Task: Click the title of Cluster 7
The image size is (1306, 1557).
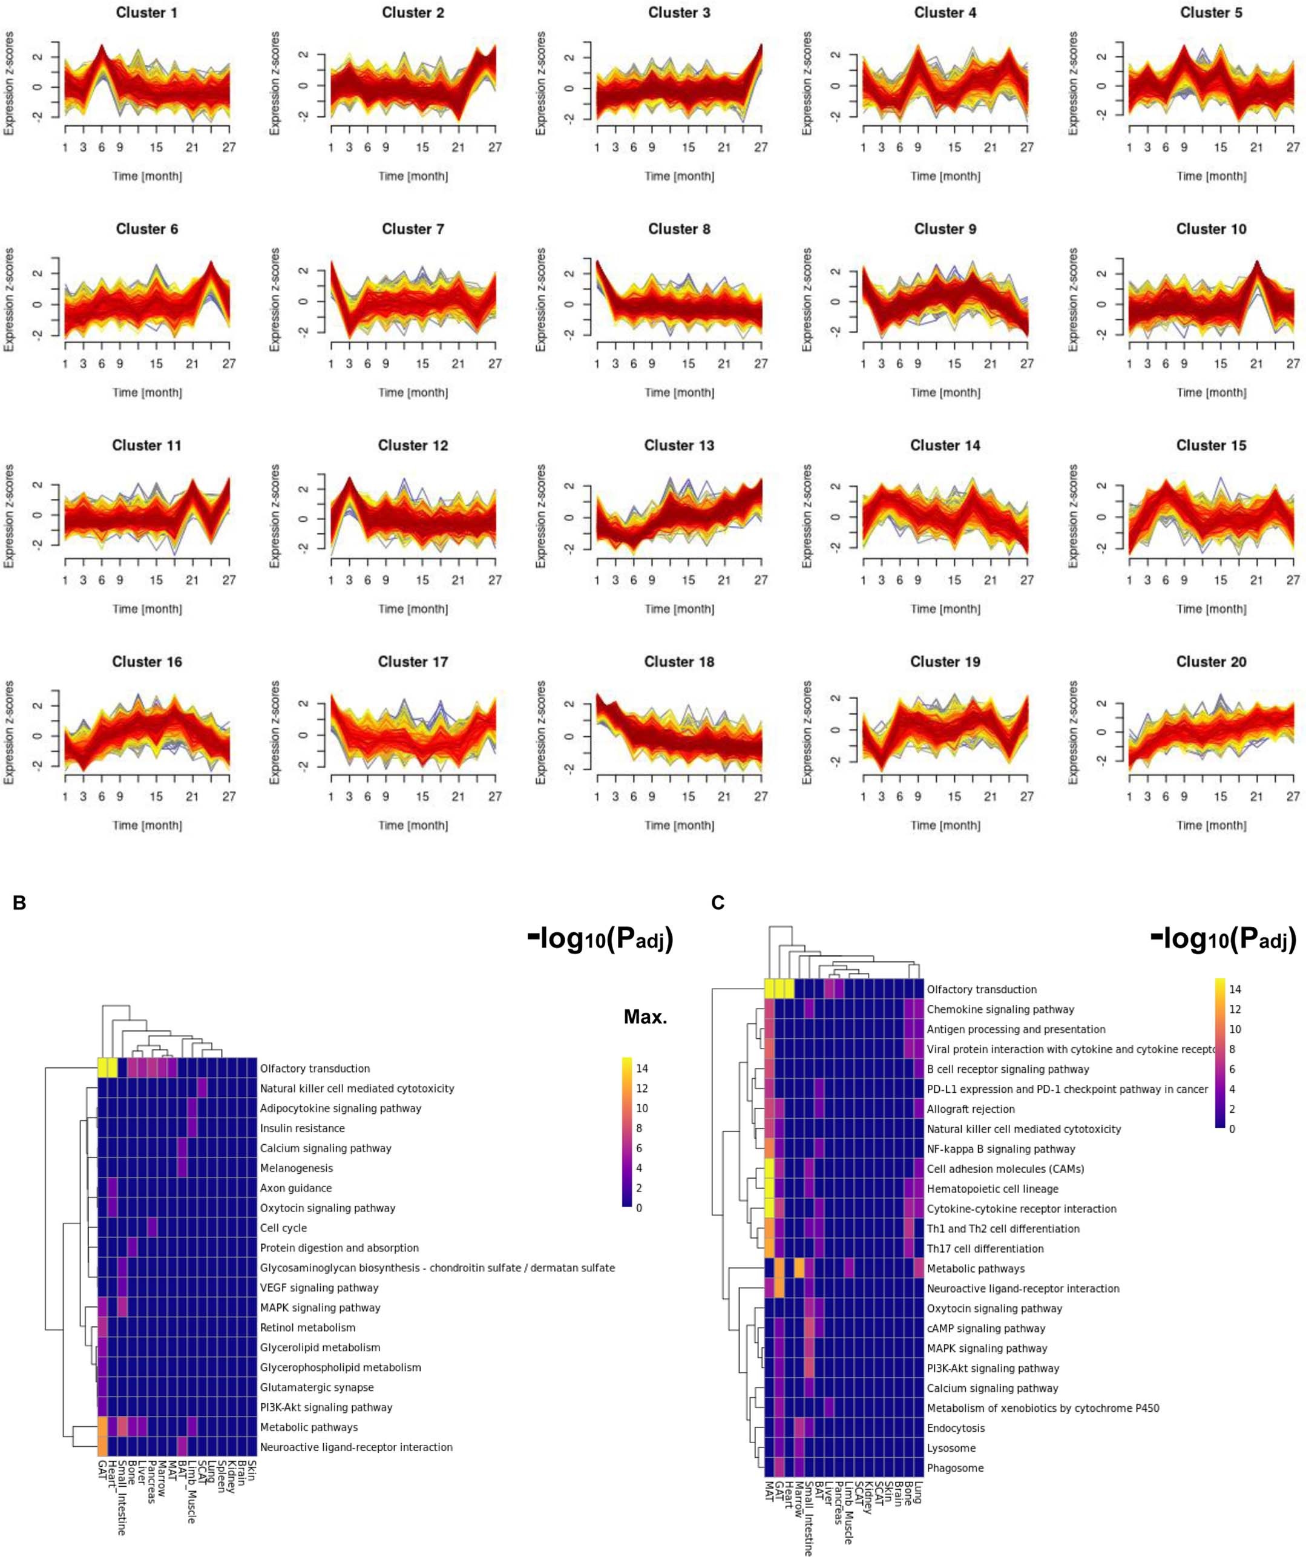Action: pos(413,229)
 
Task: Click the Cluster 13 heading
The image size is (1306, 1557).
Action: pos(679,446)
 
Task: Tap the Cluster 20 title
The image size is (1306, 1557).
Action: pos(1211,662)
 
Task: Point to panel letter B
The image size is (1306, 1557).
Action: pos(19,903)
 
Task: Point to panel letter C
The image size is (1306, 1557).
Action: pos(718,903)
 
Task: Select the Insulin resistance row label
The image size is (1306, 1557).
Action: pos(301,1128)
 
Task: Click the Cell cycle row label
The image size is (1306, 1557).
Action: pos(283,1228)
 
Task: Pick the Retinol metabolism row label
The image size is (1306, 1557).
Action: pos(307,1328)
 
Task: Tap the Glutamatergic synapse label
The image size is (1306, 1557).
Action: pos(317,1387)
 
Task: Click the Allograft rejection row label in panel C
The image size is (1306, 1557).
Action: pos(970,1109)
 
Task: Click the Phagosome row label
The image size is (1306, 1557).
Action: pos(954,1468)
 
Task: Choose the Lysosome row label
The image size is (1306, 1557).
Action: pos(951,1448)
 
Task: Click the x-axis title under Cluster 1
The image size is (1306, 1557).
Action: pos(146,176)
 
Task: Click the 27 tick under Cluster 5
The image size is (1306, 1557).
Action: pos(1293,148)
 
